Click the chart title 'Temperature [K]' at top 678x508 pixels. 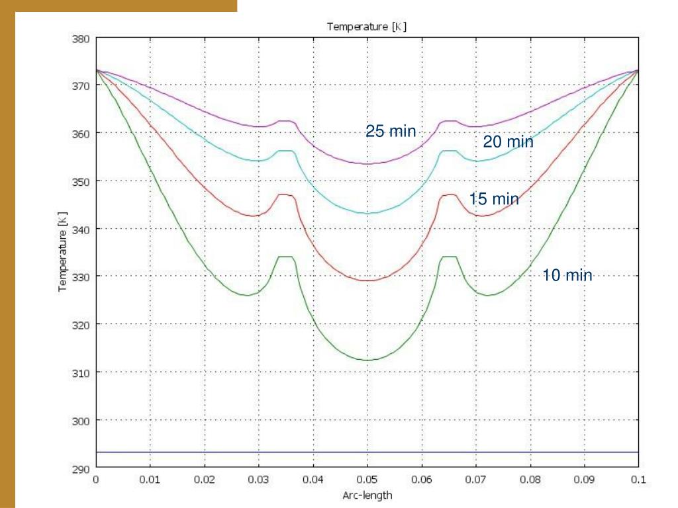point(366,26)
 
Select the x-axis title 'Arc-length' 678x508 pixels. point(367,495)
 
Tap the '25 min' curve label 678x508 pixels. point(391,132)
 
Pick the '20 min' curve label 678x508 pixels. point(508,142)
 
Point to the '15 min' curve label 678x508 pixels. point(494,198)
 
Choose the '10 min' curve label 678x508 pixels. point(567,275)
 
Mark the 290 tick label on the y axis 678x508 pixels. point(81,468)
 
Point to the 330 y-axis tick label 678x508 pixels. point(81,277)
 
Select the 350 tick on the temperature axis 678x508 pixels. point(81,181)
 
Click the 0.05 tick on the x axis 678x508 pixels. point(367,480)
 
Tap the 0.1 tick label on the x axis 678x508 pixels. point(638,480)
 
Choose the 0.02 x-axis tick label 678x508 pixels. point(205,480)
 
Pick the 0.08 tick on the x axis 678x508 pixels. point(530,480)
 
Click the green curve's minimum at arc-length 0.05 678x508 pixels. point(367,360)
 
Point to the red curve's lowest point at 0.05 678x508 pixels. point(367,280)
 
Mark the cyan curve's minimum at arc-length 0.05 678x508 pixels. point(367,213)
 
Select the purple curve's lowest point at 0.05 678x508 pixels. point(367,163)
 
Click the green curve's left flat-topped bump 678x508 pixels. point(286,257)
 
